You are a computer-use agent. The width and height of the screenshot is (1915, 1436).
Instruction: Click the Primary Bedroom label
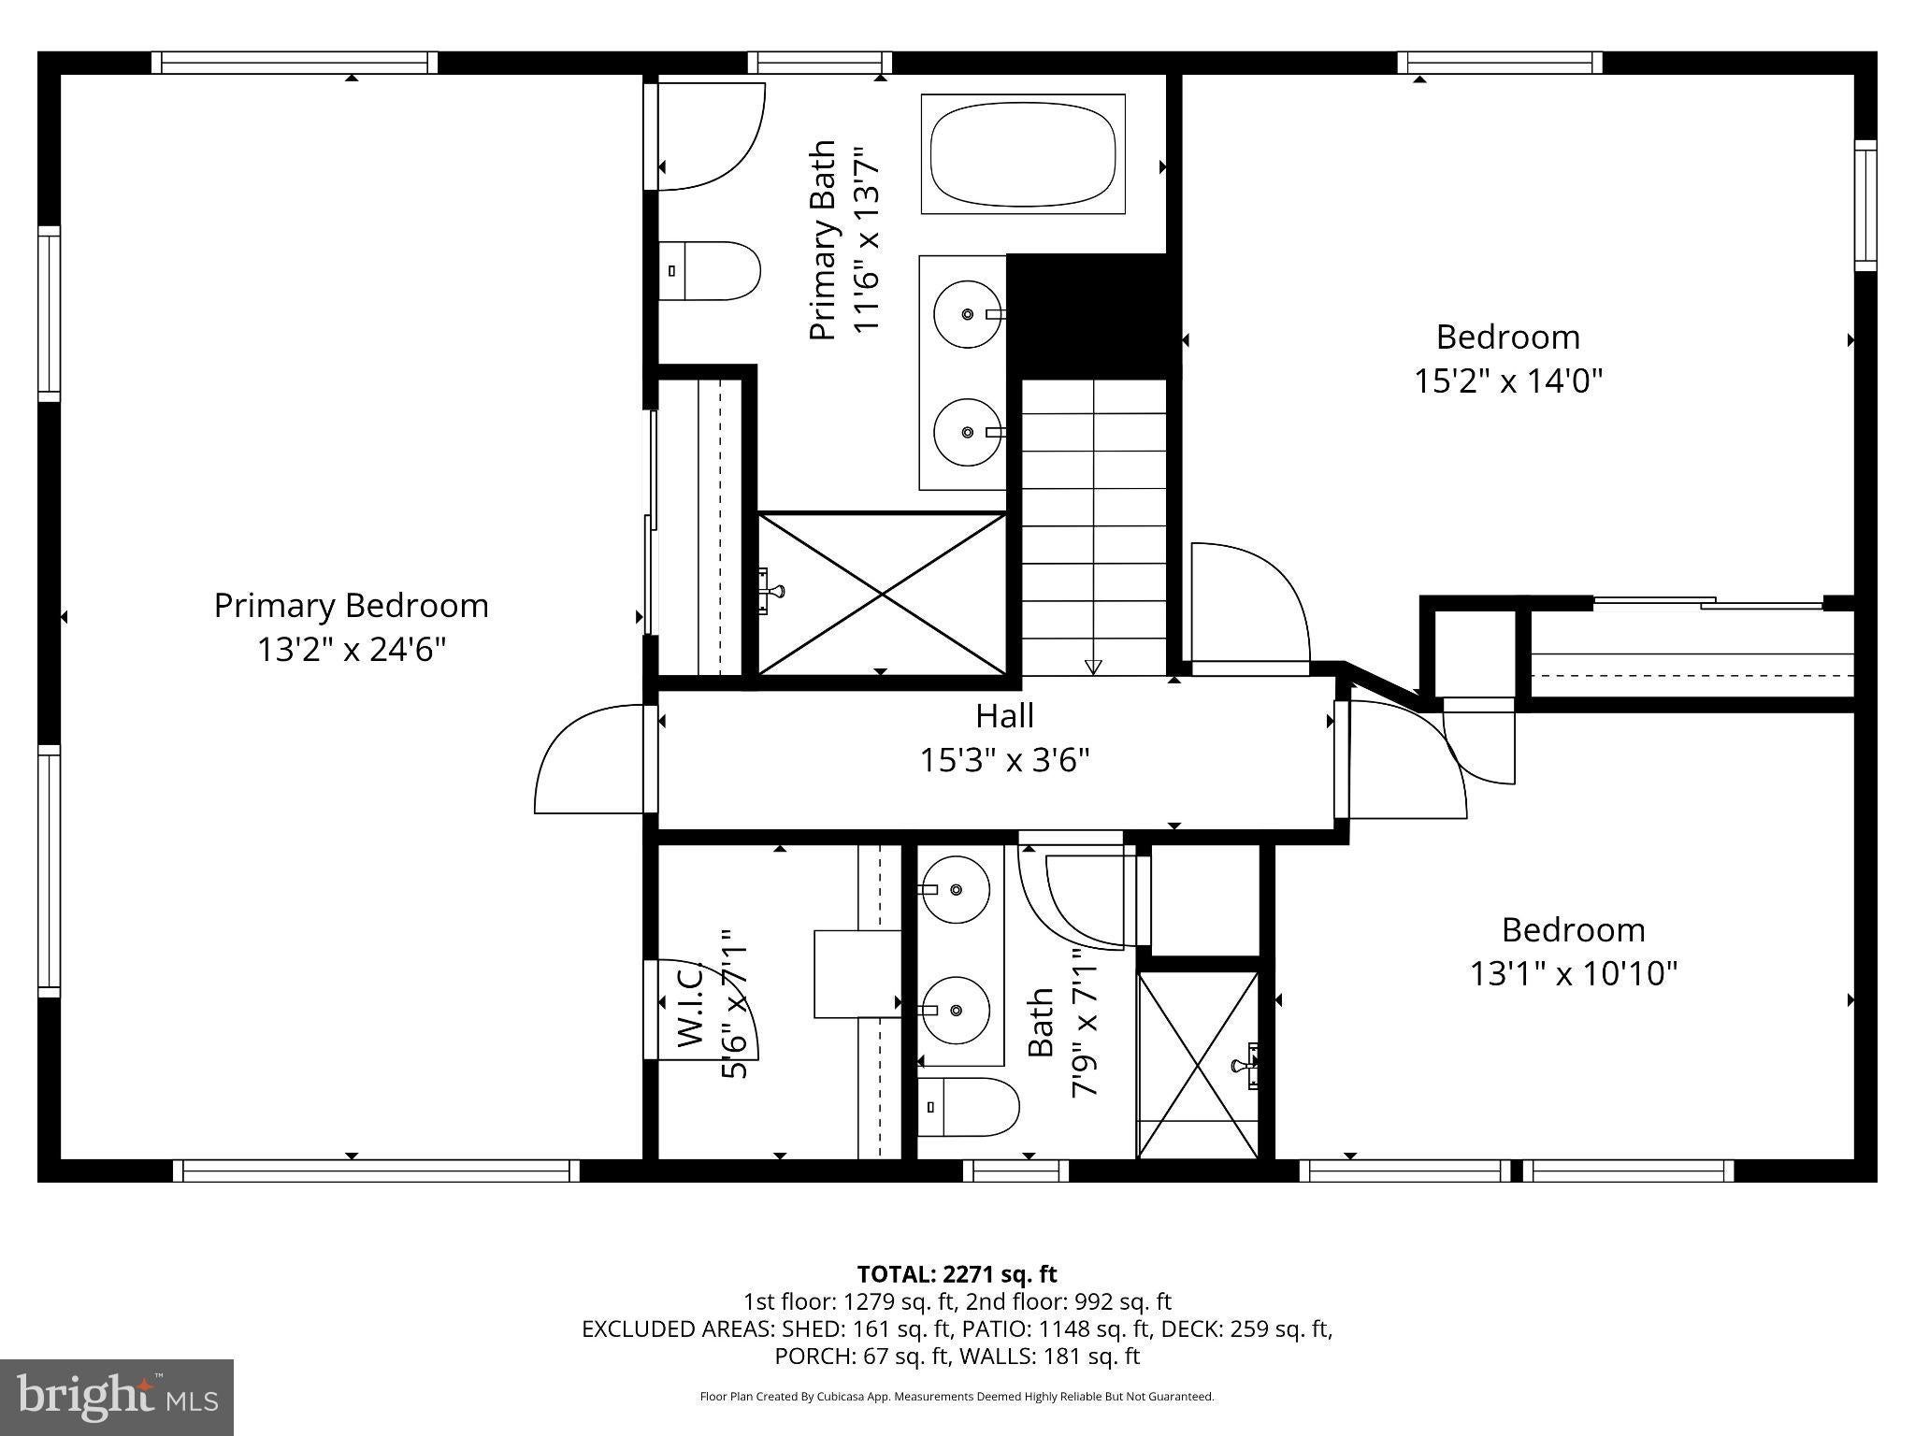[x=352, y=606]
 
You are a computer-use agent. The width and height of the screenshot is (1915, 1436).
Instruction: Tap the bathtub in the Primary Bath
[x=1023, y=154]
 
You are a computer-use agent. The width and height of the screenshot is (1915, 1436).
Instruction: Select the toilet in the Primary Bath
[x=709, y=271]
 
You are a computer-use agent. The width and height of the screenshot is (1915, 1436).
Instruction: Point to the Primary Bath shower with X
[x=882, y=593]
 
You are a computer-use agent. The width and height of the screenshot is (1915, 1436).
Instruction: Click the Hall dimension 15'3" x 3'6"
[x=1005, y=761]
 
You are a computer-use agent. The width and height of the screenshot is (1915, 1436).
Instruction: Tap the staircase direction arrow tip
[x=1093, y=673]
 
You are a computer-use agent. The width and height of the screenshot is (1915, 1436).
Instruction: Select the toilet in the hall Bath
[x=968, y=1106]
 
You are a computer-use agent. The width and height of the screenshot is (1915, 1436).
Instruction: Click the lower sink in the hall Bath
[x=955, y=1011]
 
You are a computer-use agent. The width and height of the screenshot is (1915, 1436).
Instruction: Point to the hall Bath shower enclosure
[x=1198, y=1065]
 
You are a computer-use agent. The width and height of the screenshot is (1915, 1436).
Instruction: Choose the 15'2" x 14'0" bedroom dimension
[x=1508, y=381]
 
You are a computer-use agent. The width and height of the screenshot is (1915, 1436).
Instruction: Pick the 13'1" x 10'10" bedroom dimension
[x=1574, y=974]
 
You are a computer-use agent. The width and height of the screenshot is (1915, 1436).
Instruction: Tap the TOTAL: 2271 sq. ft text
[x=957, y=1273]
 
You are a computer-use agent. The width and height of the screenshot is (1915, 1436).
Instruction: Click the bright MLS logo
[x=117, y=1397]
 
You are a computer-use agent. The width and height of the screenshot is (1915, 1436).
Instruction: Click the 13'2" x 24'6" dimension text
[x=352, y=650]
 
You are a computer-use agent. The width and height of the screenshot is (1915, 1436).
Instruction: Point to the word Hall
[x=1005, y=716]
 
